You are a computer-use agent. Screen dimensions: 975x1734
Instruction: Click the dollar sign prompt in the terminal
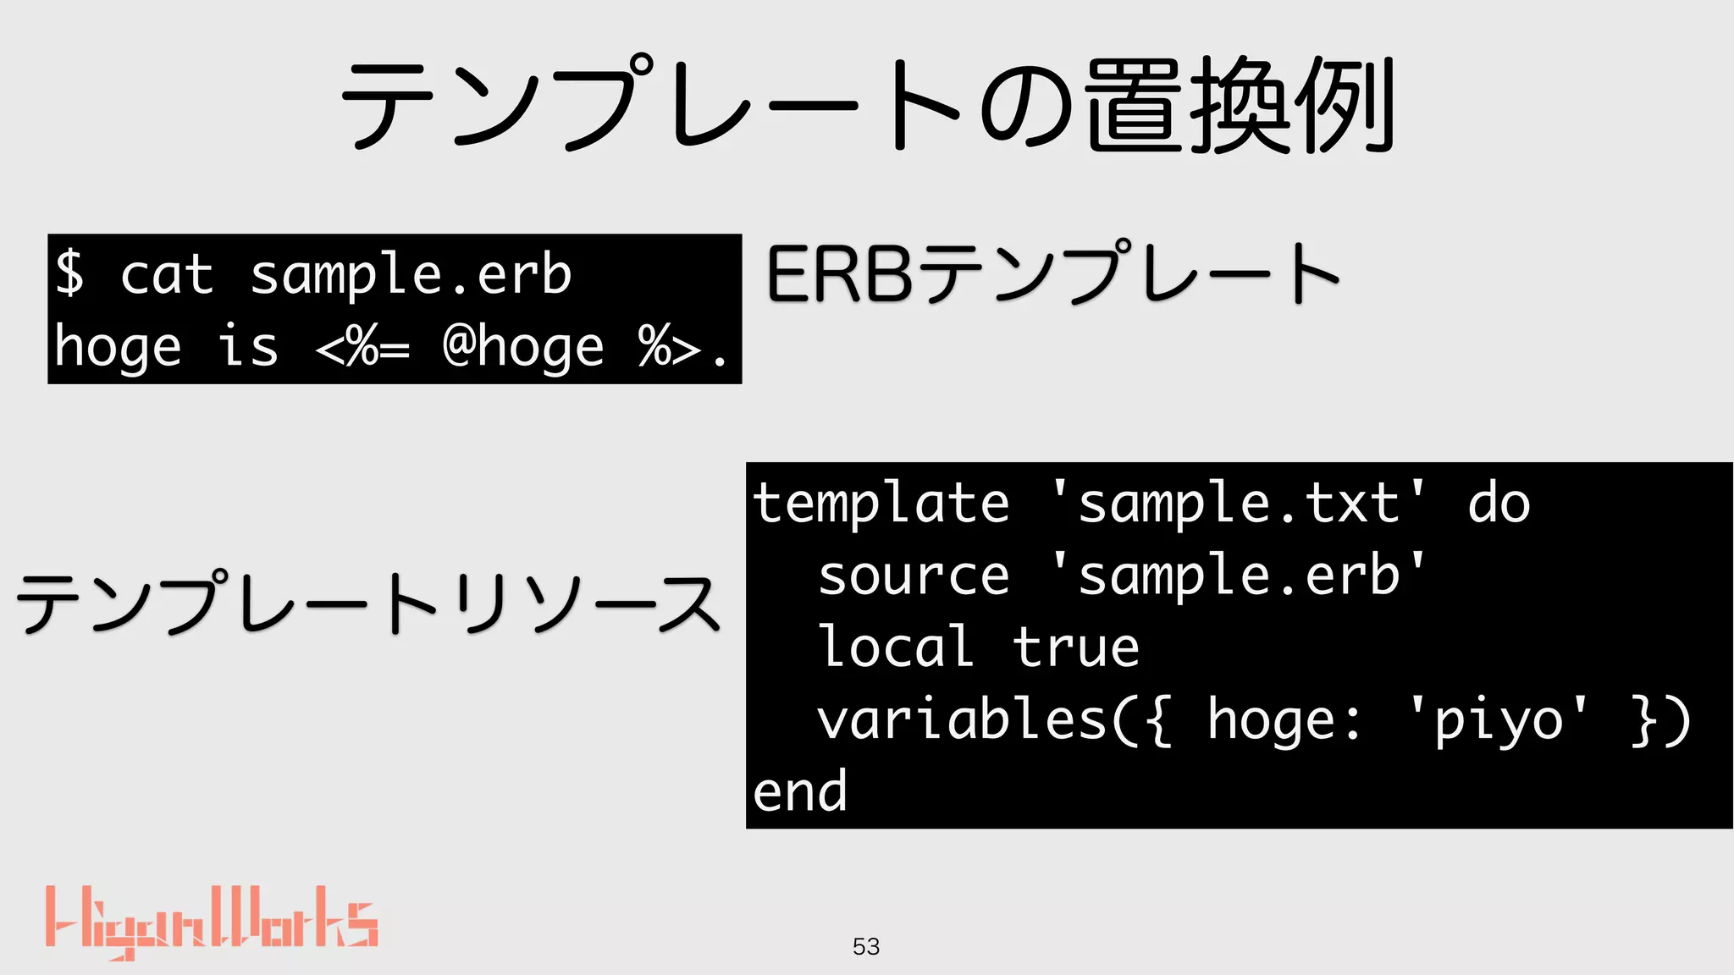point(69,273)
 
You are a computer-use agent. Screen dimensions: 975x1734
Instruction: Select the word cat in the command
point(167,275)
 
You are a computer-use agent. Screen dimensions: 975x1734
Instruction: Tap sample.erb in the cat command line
point(411,275)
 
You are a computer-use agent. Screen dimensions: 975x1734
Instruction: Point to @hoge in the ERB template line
point(523,347)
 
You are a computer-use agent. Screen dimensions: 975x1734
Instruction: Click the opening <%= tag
point(362,347)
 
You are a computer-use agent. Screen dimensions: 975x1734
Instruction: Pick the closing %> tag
point(669,347)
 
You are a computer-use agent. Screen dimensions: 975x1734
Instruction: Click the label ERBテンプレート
point(1052,273)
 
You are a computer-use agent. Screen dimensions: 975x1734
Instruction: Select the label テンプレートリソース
point(368,603)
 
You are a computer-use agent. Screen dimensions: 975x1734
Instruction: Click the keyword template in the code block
point(881,504)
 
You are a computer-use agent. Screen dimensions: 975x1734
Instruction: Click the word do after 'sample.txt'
point(1499,504)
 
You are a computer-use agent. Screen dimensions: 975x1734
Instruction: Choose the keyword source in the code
point(914,576)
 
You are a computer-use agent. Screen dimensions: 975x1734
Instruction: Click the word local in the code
point(897,647)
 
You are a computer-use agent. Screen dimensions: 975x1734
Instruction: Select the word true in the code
point(1076,647)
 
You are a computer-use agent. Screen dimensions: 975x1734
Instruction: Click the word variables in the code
point(962,720)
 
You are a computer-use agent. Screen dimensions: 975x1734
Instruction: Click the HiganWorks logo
point(212,923)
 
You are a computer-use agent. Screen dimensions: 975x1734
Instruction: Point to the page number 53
point(866,946)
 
